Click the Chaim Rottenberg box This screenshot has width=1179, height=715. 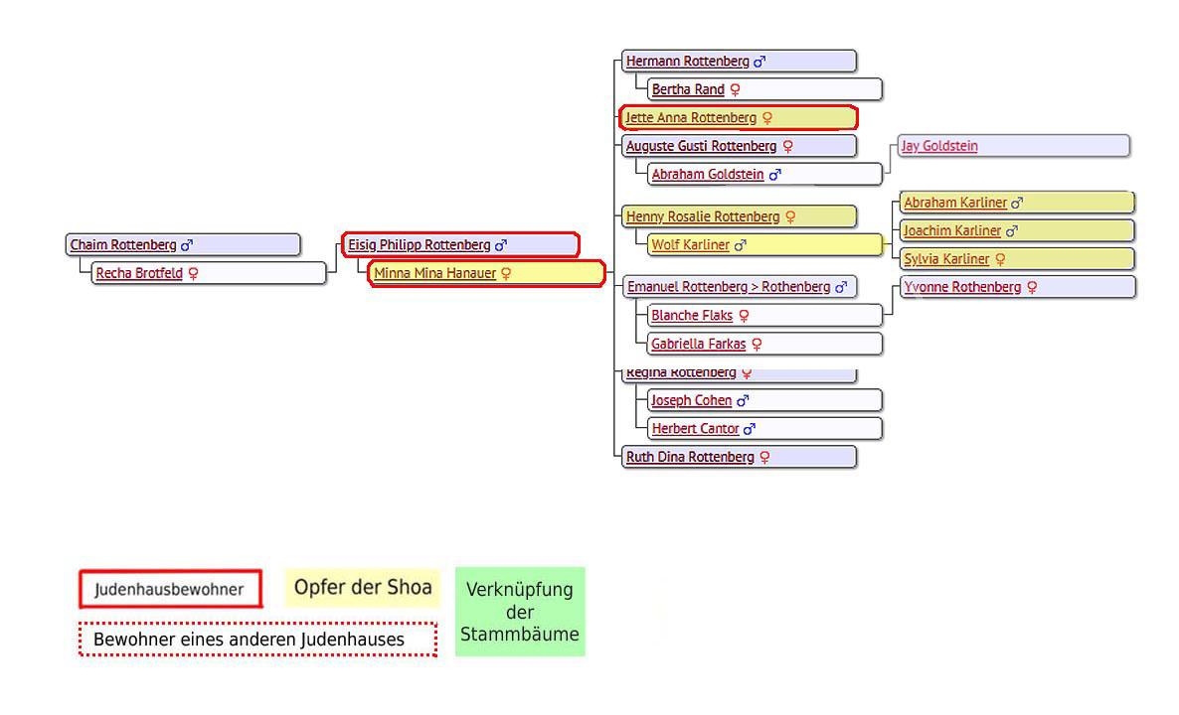click(x=183, y=244)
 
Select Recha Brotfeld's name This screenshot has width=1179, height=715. click(x=139, y=273)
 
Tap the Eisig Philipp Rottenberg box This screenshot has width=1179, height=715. click(x=459, y=244)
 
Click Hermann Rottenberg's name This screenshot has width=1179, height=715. click(x=688, y=62)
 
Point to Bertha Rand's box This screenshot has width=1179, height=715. click(x=763, y=89)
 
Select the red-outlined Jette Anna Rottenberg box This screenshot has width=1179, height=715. click(x=738, y=118)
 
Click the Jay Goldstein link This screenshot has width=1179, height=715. click(x=938, y=146)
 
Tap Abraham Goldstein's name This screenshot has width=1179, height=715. click(x=708, y=175)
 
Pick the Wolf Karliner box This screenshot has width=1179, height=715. click(x=763, y=244)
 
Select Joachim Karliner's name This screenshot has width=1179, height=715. click(x=952, y=231)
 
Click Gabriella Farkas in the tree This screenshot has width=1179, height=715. click(x=698, y=345)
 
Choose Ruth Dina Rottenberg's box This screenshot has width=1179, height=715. click(x=738, y=457)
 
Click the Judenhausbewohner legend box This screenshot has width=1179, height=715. click(x=170, y=589)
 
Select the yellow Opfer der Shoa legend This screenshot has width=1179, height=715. click(x=362, y=588)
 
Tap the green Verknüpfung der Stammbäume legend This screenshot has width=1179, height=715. click(x=520, y=612)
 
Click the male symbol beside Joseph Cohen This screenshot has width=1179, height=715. click(x=743, y=401)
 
